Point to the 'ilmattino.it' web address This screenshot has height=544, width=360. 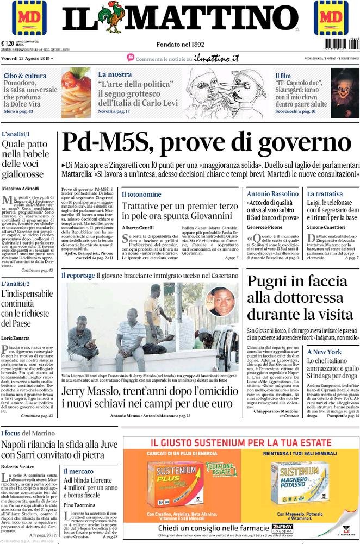(217, 58)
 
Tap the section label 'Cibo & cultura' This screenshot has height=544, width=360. (24, 76)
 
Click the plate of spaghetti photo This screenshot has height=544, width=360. (76, 92)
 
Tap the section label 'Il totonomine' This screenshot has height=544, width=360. (141, 194)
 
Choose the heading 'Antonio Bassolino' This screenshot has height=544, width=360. (272, 194)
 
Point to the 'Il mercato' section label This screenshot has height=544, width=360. (78, 471)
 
